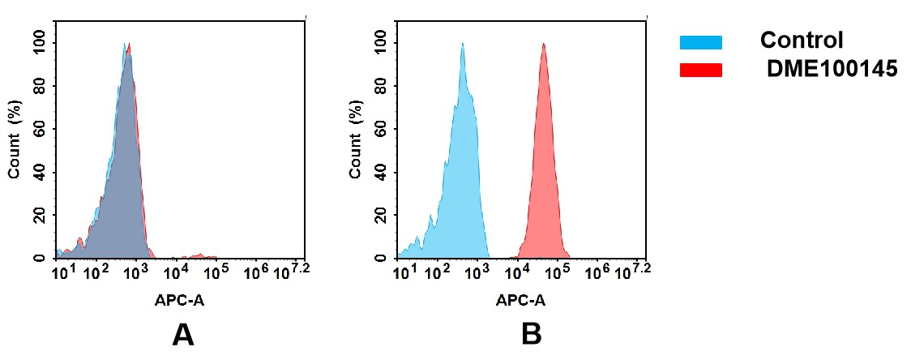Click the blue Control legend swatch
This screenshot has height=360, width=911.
coord(700,42)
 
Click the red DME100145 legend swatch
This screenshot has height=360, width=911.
coord(700,71)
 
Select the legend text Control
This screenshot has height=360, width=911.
coord(802,41)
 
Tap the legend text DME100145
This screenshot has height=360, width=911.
coord(832,71)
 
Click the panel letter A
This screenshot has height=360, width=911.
coord(183,334)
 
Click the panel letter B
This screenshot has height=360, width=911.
coord(531,334)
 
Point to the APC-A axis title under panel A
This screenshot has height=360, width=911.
coord(180,300)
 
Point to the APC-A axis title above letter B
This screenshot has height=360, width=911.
coord(520,300)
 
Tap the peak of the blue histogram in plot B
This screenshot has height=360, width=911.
coord(462,45)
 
